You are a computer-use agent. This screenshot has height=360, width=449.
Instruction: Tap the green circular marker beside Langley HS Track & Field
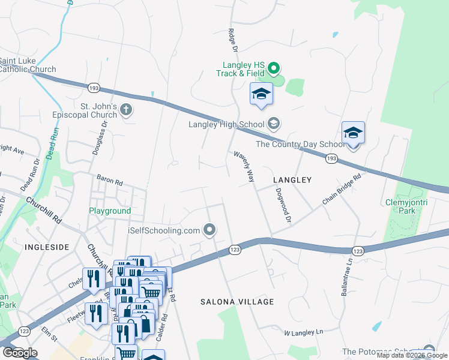point(274,67)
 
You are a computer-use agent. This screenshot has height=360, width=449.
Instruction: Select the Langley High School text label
point(226,125)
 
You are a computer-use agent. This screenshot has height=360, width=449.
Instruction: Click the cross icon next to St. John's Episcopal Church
point(126,110)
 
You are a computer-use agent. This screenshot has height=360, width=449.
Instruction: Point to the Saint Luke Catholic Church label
point(28,65)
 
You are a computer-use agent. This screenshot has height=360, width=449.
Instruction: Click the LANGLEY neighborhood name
point(292,180)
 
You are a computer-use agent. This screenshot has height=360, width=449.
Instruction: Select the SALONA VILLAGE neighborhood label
point(237,302)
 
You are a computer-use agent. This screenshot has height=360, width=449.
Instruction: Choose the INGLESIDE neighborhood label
point(47,247)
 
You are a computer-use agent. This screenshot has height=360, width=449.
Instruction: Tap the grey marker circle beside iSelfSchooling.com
point(209,229)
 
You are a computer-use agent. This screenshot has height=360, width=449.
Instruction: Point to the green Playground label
point(110,211)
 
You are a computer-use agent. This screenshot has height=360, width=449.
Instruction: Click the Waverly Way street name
point(244,167)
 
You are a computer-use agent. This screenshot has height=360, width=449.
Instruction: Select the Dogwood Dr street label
point(282,206)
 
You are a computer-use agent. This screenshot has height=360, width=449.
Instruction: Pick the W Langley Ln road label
point(303,332)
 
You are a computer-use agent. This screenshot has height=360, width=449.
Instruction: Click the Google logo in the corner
point(20,353)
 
